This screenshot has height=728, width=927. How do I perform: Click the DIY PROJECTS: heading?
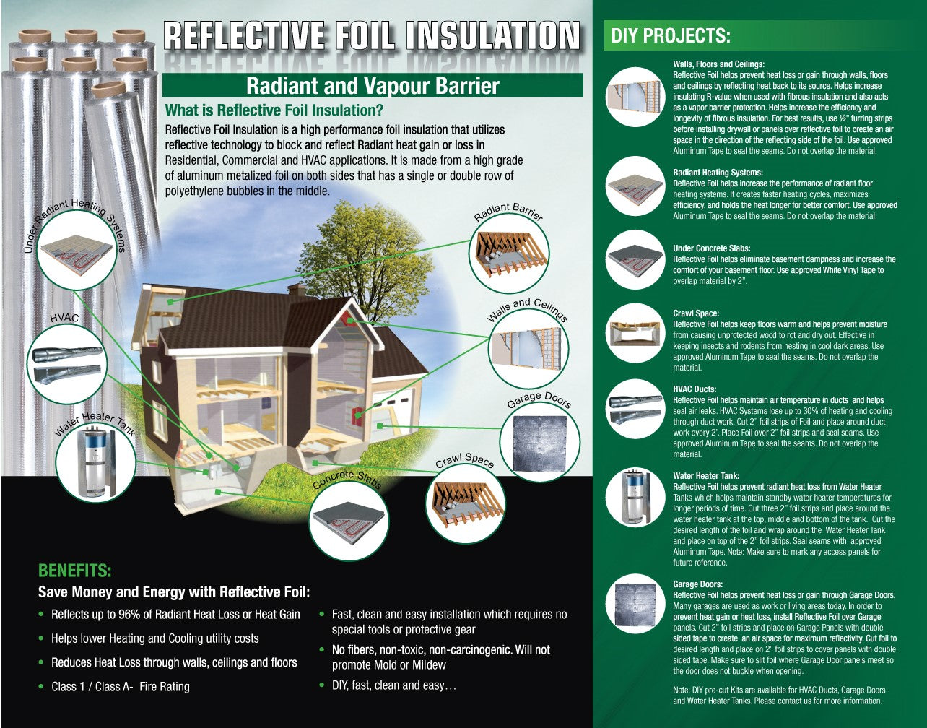click(x=671, y=36)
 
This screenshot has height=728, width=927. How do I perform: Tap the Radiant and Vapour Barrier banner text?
click(x=373, y=86)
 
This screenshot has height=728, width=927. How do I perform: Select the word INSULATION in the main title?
click(x=492, y=36)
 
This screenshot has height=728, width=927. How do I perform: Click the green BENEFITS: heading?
click(x=74, y=571)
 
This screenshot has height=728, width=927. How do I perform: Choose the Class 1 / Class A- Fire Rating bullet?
click(x=121, y=687)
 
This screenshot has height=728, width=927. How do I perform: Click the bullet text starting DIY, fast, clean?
click(x=394, y=685)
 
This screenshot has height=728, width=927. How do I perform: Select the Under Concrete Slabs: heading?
click(x=712, y=248)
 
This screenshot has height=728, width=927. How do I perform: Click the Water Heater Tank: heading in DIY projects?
click(x=706, y=475)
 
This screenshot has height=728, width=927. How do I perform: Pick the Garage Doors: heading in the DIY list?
click(x=698, y=584)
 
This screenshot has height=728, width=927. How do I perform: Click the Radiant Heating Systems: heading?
click(x=718, y=173)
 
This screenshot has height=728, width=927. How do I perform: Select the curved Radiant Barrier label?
click(x=508, y=211)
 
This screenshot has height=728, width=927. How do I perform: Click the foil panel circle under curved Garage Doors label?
click(x=539, y=443)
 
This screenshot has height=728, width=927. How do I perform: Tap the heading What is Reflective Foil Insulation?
click(x=274, y=110)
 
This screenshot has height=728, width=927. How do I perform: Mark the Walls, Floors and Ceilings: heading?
click(x=719, y=64)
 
